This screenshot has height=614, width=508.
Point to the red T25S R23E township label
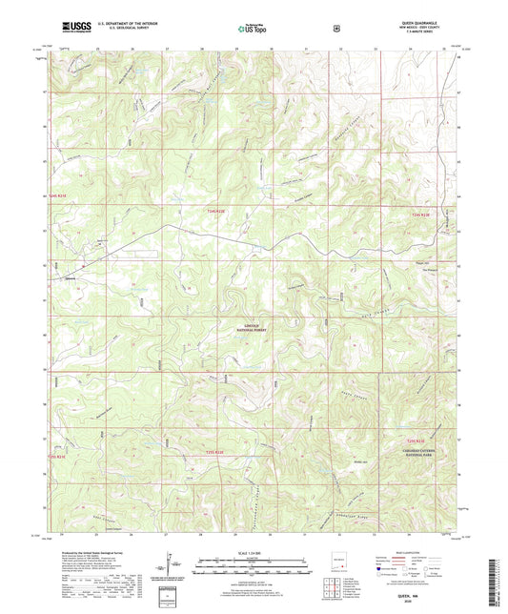412,440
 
